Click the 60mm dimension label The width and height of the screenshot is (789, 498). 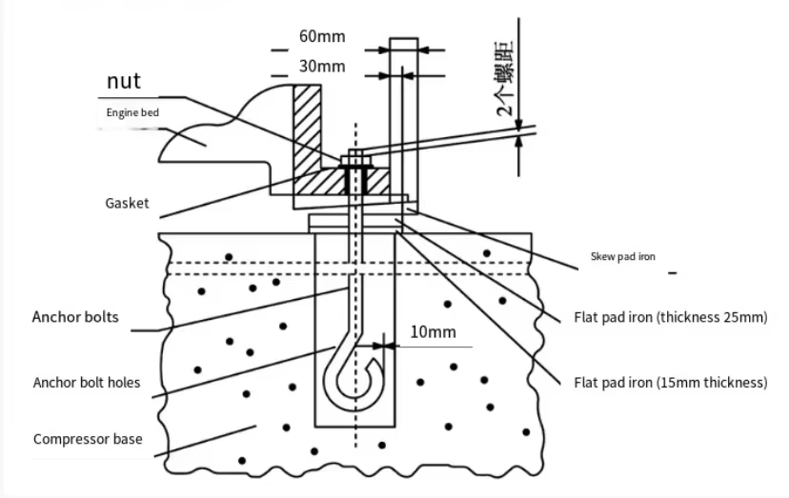point(321,37)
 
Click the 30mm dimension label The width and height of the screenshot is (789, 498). point(321,66)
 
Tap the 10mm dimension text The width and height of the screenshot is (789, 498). point(433,332)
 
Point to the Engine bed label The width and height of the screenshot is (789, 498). point(132,112)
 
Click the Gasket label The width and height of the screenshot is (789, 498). point(127,204)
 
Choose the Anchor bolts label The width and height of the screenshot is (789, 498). point(75,317)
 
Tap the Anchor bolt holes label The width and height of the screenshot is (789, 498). point(86,383)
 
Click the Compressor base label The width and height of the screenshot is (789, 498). point(88,439)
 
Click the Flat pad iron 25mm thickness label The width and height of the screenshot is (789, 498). point(670,317)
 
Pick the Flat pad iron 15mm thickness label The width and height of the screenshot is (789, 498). point(670,383)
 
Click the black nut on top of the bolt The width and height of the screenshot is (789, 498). point(354,165)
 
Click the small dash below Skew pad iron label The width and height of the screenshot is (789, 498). point(673,273)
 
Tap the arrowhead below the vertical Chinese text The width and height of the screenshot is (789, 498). point(518,142)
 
